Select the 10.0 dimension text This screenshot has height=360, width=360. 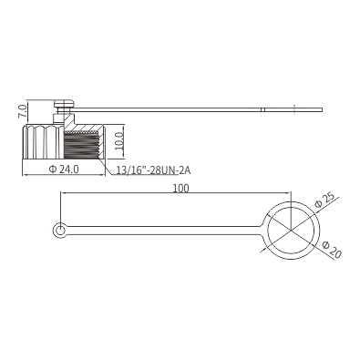[119, 141]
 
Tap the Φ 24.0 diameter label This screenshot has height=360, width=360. [64, 170]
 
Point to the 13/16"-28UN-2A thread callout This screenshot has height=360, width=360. [153, 170]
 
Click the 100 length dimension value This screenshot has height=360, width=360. [180, 189]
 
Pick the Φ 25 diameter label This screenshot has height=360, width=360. [324, 200]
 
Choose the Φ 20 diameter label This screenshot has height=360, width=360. [332, 249]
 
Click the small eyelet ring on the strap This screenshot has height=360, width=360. [60, 230]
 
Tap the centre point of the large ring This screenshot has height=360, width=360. [291, 230]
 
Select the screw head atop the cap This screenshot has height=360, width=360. [65, 104]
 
